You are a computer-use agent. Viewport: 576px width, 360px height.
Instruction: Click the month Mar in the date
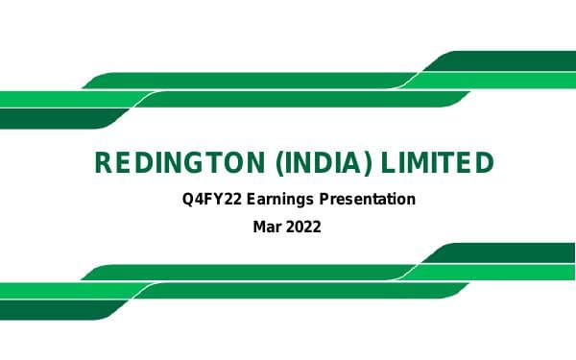coord(268,228)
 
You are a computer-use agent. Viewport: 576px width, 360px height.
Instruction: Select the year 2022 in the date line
coord(304,228)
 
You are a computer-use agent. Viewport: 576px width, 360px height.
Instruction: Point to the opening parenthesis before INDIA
coord(279,163)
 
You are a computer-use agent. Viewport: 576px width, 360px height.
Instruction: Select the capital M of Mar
coord(259,228)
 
